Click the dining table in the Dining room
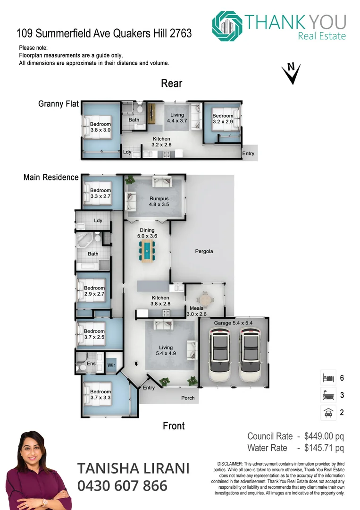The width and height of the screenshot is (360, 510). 148,250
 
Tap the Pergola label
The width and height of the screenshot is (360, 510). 204,251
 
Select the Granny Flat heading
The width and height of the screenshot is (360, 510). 58,104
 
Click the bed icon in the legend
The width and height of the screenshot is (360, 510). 327,378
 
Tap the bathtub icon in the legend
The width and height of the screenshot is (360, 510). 327,395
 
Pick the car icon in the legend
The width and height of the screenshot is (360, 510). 327,412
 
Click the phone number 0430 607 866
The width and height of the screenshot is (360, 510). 122,485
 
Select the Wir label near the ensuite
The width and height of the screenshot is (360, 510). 111,365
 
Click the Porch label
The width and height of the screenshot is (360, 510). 188,398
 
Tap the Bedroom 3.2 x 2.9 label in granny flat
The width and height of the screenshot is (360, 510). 223,119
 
